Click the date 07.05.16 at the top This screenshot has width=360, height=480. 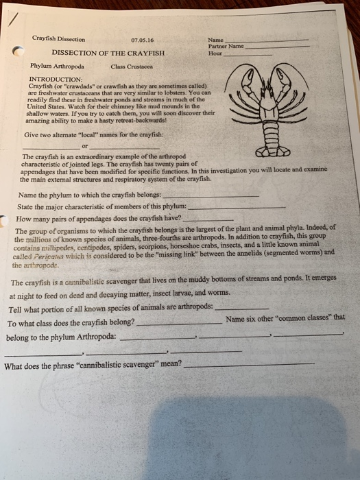(x=141, y=39)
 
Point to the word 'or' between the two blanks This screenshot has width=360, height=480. (x=84, y=145)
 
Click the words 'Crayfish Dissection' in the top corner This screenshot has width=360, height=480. (x=58, y=39)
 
